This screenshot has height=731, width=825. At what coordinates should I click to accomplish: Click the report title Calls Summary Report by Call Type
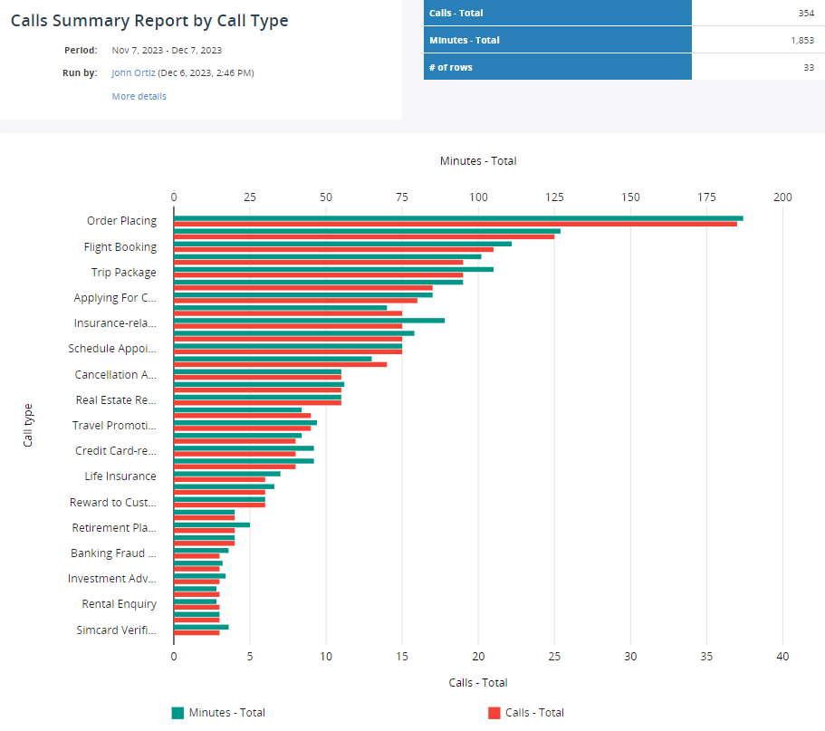tap(149, 21)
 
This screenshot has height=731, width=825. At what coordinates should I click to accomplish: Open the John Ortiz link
tap(134, 72)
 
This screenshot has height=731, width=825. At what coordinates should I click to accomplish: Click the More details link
tap(139, 96)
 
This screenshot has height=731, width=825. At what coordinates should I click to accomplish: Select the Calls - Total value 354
tap(801, 13)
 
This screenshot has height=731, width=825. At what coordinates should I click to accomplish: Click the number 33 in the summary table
tap(807, 67)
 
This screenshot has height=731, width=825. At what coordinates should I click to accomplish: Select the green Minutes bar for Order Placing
tap(457, 218)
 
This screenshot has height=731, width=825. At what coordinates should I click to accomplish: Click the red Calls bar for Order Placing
tap(455, 224)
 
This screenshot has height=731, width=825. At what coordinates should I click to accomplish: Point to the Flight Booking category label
tap(120, 246)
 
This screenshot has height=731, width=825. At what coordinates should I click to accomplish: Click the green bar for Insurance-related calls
tap(308, 320)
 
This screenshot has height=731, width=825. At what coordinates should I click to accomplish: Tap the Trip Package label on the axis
tap(123, 272)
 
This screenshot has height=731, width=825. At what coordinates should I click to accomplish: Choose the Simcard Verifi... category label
tap(116, 630)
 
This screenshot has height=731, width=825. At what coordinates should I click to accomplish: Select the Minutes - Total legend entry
tap(226, 713)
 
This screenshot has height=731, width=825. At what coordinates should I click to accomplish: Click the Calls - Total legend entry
tap(533, 713)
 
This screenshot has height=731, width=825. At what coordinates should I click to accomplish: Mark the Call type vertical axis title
tap(28, 425)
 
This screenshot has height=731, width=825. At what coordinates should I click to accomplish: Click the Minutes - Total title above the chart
tap(478, 161)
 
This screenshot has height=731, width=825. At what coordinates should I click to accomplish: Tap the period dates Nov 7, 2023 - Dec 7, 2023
tap(167, 50)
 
